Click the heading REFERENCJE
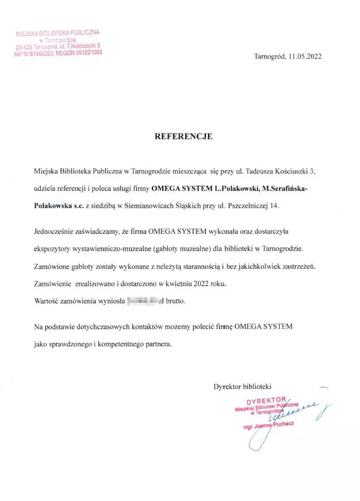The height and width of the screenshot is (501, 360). point(183,136)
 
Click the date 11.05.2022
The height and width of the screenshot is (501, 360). point(306,57)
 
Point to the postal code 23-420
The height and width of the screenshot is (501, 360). point(24,47)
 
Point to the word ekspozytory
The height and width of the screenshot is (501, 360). point(54,249)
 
